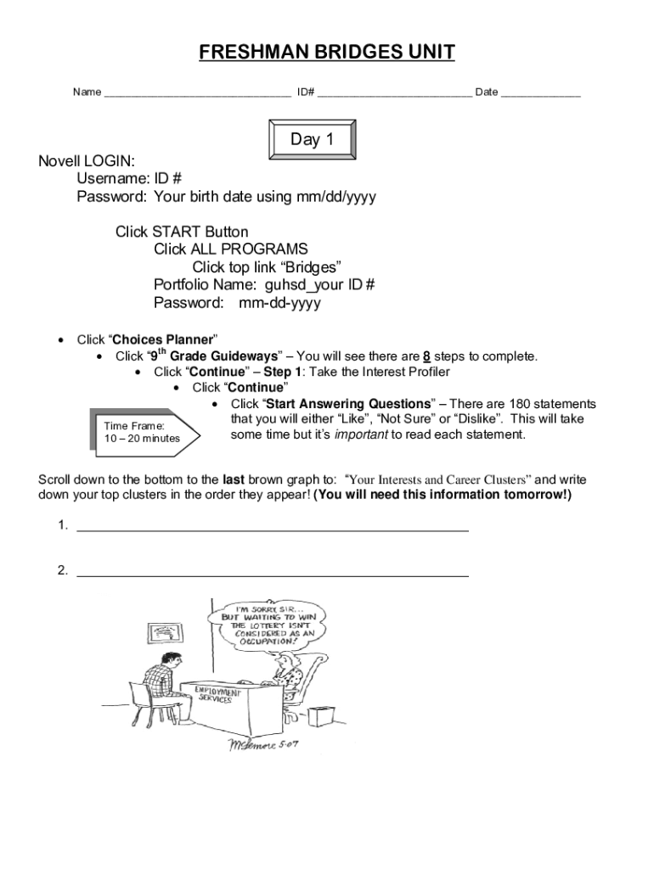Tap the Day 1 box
312,140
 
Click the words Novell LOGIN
87,161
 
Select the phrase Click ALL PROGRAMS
231,249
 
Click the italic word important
361,435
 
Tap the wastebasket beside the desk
318,715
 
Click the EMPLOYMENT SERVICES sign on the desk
217,696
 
